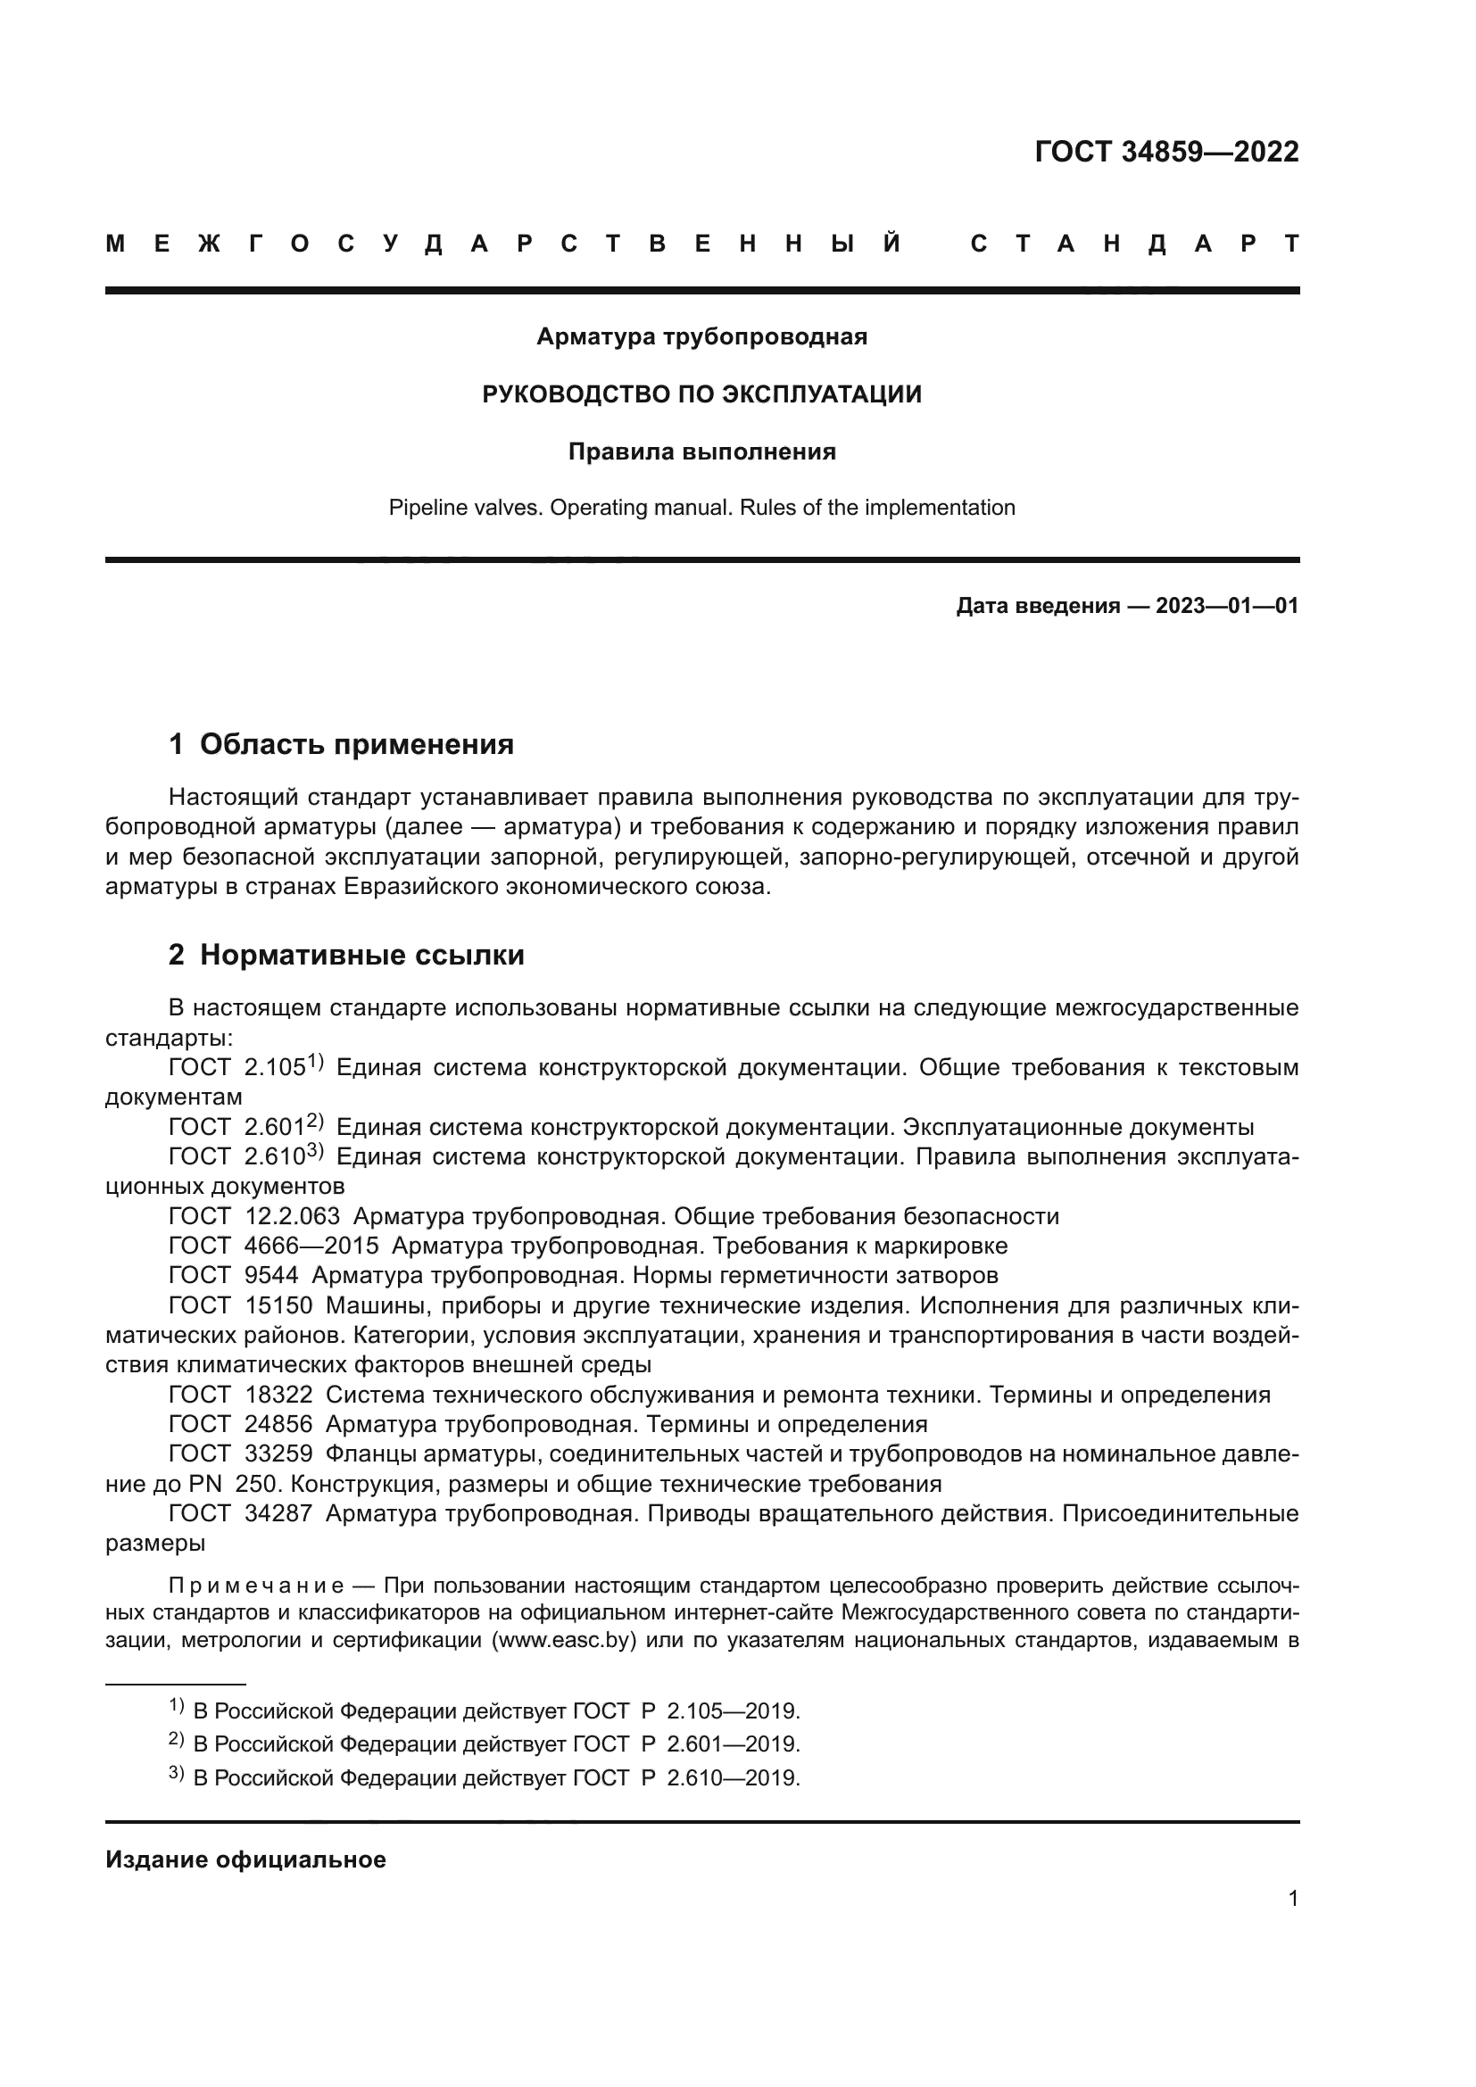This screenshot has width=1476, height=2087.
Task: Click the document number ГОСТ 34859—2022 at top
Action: tap(1166, 152)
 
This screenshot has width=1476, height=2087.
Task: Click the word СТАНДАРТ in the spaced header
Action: tap(1134, 244)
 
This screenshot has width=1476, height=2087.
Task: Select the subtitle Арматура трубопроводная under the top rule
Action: tap(701, 337)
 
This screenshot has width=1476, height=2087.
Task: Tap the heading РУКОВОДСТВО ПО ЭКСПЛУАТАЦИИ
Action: tap(701, 394)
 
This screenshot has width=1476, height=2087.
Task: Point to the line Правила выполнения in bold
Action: tap(701, 451)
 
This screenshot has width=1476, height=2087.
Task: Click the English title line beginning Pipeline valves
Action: tap(701, 507)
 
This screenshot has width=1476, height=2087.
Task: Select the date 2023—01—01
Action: tap(1227, 606)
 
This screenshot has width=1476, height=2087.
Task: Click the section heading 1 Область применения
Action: tap(341, 744)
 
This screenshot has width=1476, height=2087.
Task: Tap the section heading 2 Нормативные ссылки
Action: tap(346, 956)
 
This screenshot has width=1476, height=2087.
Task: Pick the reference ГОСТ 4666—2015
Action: tap(274, 1246)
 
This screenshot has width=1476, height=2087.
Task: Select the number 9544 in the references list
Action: tap(271, 1275)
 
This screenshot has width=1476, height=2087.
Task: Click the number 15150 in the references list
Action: tap(278, 1306)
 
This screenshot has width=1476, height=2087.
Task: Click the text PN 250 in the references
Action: tap(234, 1485)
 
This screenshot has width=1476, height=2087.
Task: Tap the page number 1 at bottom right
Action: tap(1292, 1898)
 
